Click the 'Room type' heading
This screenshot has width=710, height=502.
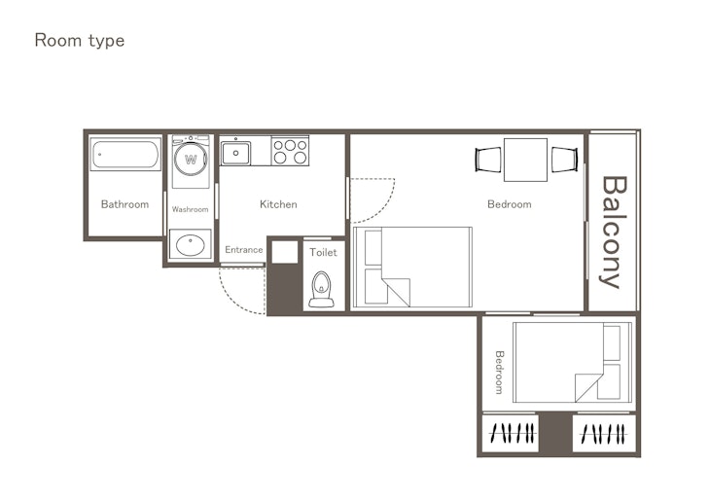[79, 41]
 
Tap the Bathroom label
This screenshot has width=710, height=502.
[124, 204]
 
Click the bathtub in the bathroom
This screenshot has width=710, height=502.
[125, 154]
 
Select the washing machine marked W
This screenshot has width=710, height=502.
[191, 161]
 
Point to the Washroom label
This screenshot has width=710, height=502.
[191, 209]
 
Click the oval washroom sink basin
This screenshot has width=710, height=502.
[191, 244]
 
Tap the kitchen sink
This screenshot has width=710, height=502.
[235, 153]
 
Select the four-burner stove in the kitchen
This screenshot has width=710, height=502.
[290, 152]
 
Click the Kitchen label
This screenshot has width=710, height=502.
[278, 204]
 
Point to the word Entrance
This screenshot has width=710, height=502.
[243, 250]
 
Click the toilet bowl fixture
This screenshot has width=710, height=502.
[322, 290]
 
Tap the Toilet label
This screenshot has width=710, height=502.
[323, 252]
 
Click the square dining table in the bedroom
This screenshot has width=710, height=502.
[526, 160]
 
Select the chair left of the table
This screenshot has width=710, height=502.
[488, 160]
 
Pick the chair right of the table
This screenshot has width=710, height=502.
[564, 160]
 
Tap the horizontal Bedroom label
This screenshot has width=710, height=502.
[510, 204]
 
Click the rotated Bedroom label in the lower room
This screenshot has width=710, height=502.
[499, 373]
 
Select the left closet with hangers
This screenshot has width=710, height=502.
[511, 433]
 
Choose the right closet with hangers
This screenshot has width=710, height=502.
[604, 433]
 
